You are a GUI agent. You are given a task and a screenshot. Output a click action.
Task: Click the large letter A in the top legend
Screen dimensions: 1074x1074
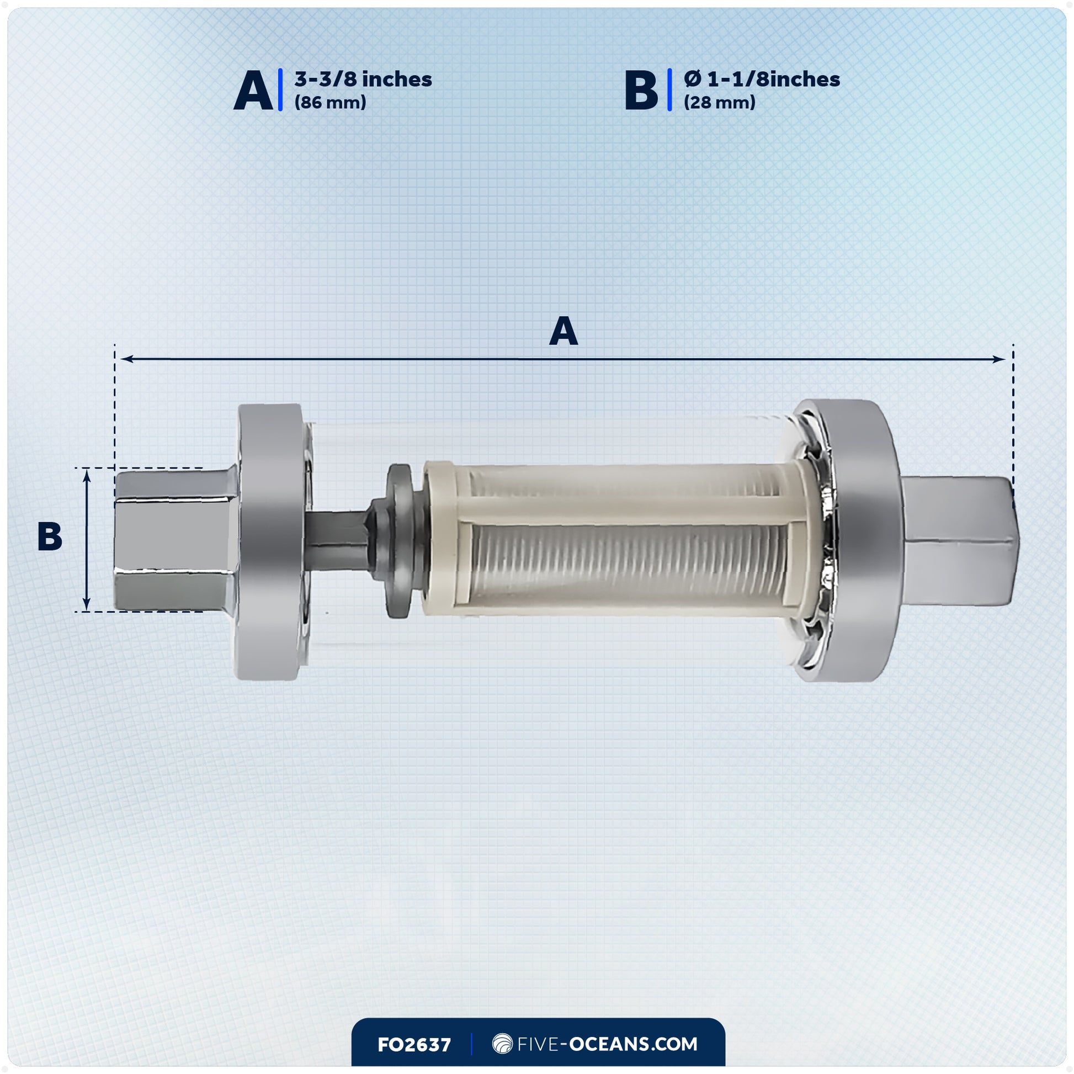pyautogui.click(x=253, y=90)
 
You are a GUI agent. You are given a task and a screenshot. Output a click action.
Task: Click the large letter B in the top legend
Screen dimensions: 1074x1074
pyautogui.click(x=641, y=90)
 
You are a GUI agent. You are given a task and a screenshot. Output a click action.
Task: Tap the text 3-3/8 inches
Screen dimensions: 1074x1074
pyautogui.click(x=363, y=79)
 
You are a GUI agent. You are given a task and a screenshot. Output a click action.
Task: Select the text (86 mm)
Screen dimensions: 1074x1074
pyautogui.click(x=330, y=103)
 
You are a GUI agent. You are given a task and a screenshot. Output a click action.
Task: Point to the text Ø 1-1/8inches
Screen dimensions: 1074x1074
pyautogui.click(x=762, y=79)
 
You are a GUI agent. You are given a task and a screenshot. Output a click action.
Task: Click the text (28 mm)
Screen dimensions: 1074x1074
pyautogui.click(x=719, y=103)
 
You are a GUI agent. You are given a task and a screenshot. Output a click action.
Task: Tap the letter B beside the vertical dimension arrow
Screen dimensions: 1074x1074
pyautogui.click(x=50, y=537)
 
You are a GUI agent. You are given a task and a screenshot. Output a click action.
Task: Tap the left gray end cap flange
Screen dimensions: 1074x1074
pyautogui.click(x=268, y=542)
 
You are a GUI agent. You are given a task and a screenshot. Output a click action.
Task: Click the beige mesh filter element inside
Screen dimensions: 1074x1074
pyautogui.click(x=617, y=539)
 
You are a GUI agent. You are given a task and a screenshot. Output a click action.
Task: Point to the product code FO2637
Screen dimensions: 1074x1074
pyautogui.click(x=413, y=1045)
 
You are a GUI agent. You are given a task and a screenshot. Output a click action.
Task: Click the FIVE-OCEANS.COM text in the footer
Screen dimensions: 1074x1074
pyautogui.click(x=607, y=1044)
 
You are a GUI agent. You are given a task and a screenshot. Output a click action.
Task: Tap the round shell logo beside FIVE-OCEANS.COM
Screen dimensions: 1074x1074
pyautogui.click(x=502, y=1044)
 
